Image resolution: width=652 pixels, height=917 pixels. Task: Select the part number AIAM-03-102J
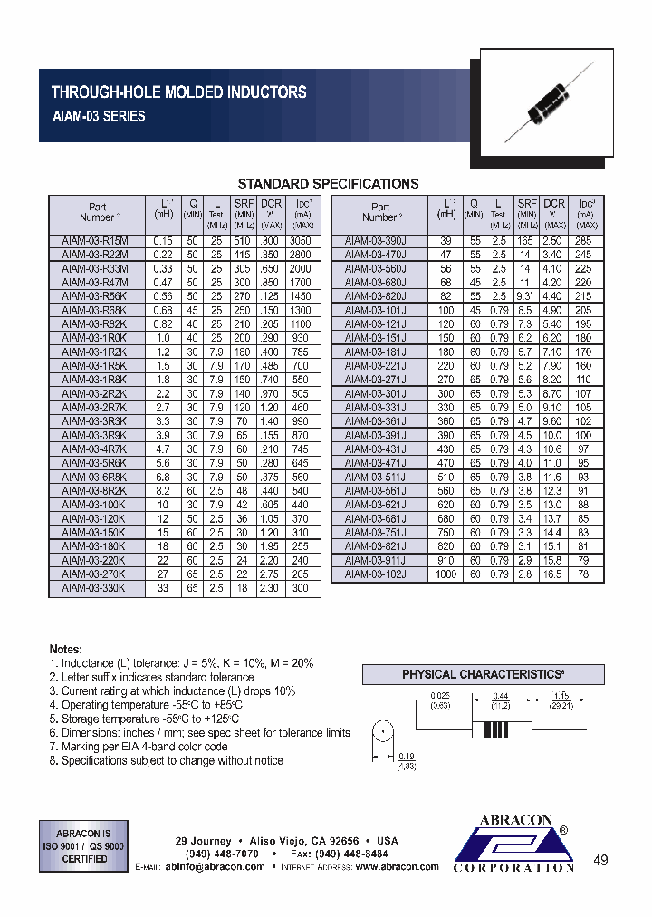[x=376, y=574]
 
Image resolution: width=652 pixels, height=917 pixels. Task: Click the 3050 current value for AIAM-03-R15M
[x=301, y=242]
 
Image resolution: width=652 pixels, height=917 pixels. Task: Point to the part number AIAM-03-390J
[x=376, y=242]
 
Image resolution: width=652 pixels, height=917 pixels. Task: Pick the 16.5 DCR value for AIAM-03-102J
[x=552, y=574]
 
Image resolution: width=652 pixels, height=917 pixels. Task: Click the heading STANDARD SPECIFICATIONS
[x=327, y=184]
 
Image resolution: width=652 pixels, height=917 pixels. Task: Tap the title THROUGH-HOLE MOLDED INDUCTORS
[x=178, y=92]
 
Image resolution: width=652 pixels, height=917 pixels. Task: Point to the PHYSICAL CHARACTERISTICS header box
[x=482, y=675]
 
